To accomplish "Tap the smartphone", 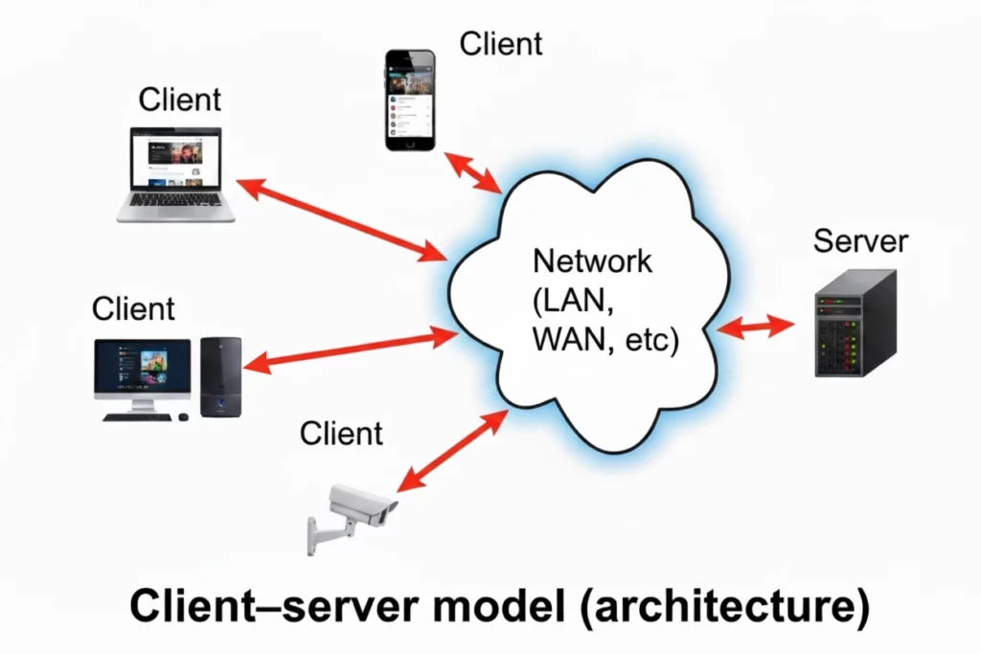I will click(410, 100).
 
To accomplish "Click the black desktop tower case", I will click(221, 376).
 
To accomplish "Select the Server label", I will click(859, 240).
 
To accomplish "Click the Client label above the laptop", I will click(180, 99).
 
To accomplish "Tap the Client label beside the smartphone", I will click(501, 43).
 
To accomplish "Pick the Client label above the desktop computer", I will click(133, 308).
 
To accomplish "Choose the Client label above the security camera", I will click(341, 433).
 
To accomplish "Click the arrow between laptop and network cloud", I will click(343, 219).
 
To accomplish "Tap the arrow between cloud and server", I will click(756, 327).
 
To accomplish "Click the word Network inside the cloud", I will click(592, 260).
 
